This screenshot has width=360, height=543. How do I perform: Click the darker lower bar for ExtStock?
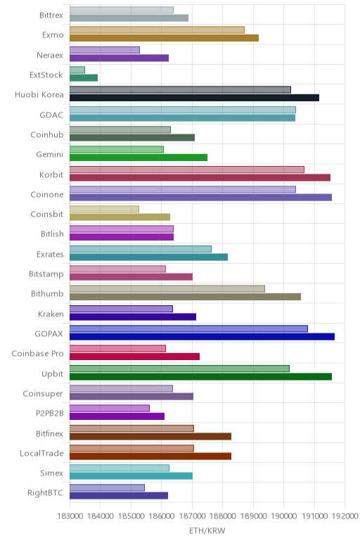[84, 78]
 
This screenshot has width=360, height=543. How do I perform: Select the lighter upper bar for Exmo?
[157, 30]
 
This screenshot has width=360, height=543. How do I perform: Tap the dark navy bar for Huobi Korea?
[194, 98]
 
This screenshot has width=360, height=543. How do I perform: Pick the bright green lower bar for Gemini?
[139, 158]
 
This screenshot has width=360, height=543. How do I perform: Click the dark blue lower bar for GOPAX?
[202, 337]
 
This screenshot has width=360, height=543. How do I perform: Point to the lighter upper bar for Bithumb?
[167, 289]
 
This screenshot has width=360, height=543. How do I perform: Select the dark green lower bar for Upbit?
[201, 376]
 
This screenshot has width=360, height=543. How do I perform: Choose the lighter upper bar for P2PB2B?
[110, 408]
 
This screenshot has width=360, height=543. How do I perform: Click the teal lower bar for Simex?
[131, 476]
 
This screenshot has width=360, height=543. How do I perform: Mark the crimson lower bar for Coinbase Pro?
[135, 357]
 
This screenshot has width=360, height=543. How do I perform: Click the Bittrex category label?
[51, 15]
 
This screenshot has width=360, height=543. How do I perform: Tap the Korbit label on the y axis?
[51, 174]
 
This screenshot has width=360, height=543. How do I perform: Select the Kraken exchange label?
[51, 314]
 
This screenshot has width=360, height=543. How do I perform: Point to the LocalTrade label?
[41, 453]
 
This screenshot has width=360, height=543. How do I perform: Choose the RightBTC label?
[46, 493]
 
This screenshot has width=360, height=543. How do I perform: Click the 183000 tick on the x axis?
[70, 516]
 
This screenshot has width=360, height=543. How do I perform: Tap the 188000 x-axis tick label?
[223, 516]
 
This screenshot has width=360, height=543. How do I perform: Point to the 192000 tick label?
[345, 516]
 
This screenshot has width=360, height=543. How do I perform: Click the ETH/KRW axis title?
[207, 530]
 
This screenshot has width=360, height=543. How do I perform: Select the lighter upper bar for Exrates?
[141, 249]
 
